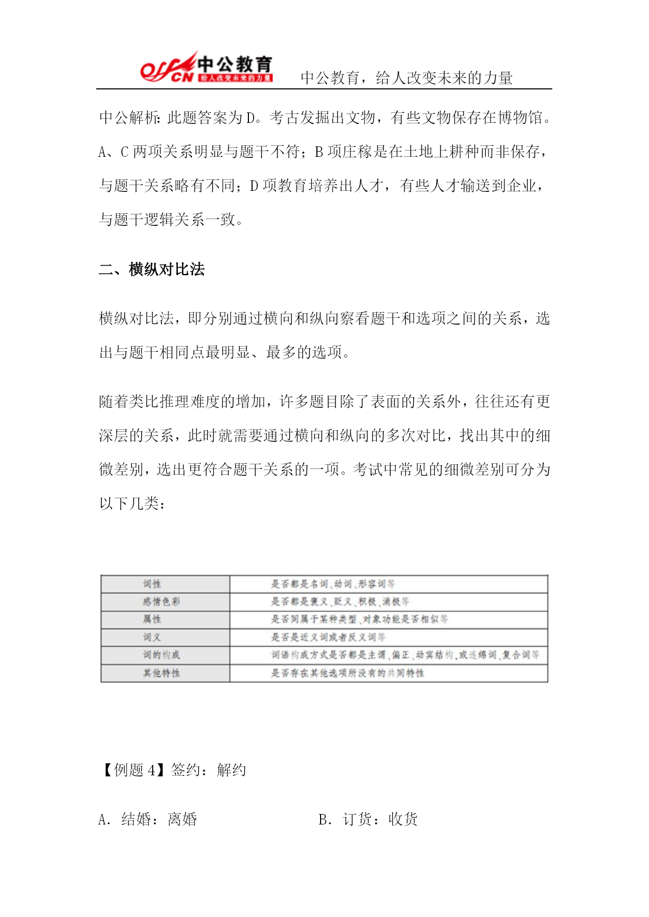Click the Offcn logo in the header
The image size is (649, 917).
[206, 67]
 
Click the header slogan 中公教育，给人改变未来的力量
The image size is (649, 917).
[406, 78]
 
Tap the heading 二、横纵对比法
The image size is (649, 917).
[152, 269]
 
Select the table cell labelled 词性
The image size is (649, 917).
[152, 584]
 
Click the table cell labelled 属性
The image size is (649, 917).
[152, 620]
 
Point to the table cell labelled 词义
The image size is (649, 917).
[152, 637]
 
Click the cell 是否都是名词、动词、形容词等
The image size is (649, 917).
[333, 584]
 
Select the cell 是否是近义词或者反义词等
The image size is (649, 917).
[328, 637]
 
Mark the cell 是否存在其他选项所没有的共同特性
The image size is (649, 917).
[347, 673]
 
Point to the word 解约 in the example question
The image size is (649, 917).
[231, 770]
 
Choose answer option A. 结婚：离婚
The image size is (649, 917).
[147, 819]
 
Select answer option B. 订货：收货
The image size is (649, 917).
[368, 819]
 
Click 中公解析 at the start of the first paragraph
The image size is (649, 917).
[129, 118]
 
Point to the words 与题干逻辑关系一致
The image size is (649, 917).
[166, 220]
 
